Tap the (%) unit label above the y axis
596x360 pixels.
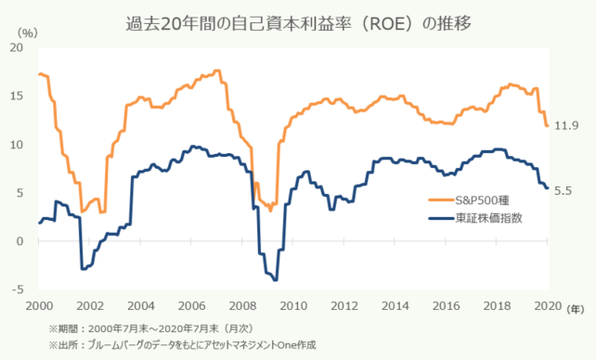(x=28, y=32)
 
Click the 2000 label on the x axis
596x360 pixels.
(x=39, y=306)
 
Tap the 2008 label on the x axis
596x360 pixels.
(x=242, y=306)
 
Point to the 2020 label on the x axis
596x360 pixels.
(x=547, y=306)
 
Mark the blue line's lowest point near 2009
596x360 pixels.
(x=274, y=279)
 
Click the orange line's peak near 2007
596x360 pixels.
(x=217, y=71)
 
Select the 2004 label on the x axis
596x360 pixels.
(x=140, y=306)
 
